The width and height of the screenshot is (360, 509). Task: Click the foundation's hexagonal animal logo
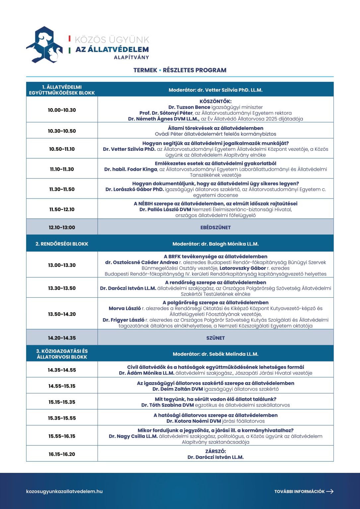[x=44, y=45]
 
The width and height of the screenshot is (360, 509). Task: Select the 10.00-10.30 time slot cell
[x=62, y=110]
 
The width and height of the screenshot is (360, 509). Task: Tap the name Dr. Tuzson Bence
[x=189, y=107]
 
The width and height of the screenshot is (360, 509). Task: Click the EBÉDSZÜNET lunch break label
[x=215, y=228]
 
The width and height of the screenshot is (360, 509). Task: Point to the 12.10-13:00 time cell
[x=62, y=228]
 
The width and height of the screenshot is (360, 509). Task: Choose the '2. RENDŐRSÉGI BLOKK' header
[x=62, y=244]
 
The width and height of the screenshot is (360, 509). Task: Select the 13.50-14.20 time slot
[x=62, y=314]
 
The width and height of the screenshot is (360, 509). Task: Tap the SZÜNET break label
[x=215, y=338]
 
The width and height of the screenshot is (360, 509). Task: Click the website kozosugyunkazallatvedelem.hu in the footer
[x=64, y=491]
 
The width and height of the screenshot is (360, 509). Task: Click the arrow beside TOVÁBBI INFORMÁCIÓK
[x=330, y=491]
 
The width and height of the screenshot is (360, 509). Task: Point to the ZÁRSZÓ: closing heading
[x=215, y=451]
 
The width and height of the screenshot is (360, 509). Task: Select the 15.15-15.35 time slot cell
[x=62, y=402]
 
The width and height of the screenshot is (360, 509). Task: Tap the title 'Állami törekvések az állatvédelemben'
[x=215, y=128]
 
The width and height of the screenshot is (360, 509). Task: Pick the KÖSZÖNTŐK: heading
[x=215, y=101]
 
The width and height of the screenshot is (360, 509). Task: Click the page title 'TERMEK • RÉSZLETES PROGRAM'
[x=180, y=70]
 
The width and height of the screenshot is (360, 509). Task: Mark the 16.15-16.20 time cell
[x=62, y=454]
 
